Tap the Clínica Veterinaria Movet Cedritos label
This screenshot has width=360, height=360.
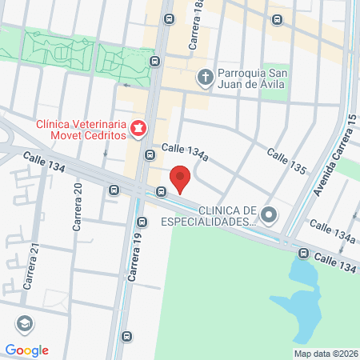coord(82,130)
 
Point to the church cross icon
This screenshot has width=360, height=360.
coord(205,77)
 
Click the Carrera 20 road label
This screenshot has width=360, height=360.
coord(78,207)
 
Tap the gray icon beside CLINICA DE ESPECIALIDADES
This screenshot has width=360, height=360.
coord(269,214)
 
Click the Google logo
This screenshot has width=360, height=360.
coord(26,350)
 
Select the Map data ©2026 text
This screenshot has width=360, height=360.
coord(324,353)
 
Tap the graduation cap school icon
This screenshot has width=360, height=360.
coord(25,324)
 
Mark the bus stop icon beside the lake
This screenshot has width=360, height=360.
coord(303,254)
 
